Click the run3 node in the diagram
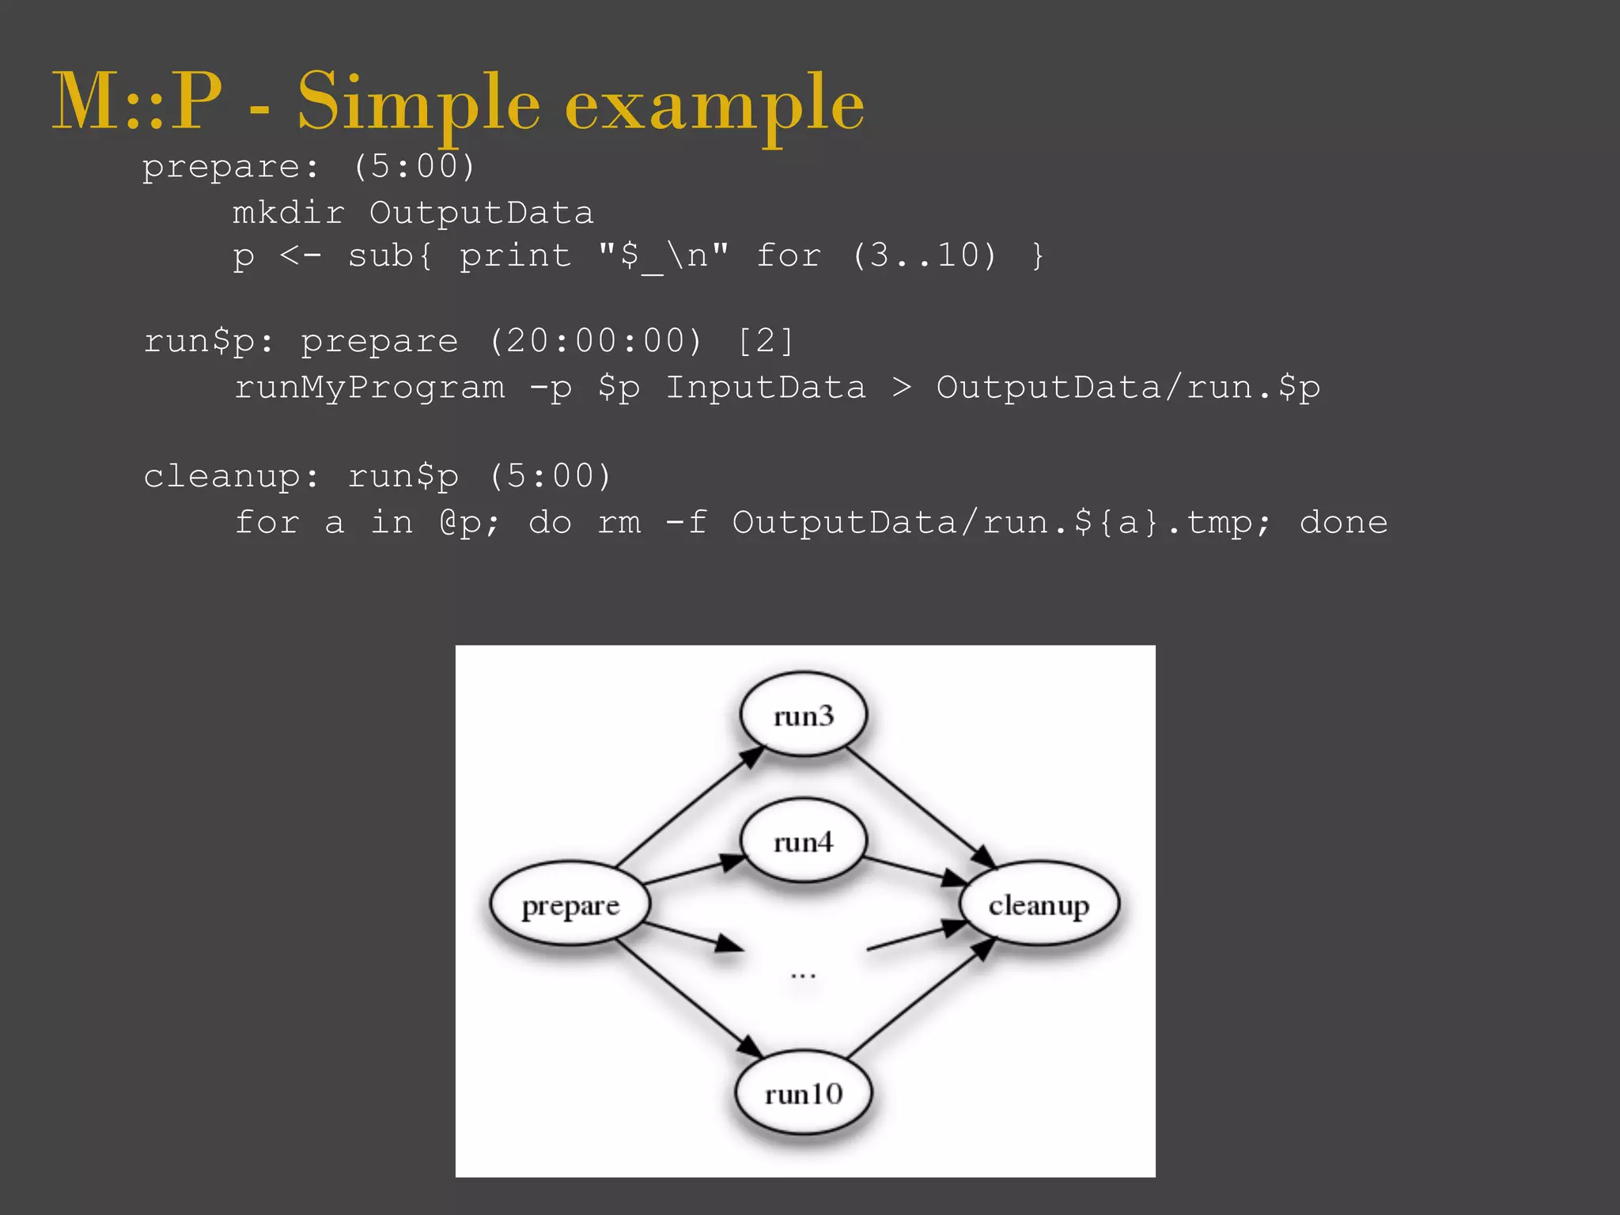click(x=803, y=715)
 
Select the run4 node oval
click(x=803, y=841)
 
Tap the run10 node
click(x=803, y=1093)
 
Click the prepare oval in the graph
click(x=570, y=904)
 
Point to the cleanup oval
click(x=1039, y=904)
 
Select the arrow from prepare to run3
click(x=688, y=807)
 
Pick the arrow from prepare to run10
click(x=688, y=998)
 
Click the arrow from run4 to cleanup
click(x=914, y=869)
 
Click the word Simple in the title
click(x=418, y=103)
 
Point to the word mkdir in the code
click(x=289, y=213)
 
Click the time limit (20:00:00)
click(x=595, y=342)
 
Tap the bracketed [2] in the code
click(x=765, y=342)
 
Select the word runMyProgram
click(x=369, y=388)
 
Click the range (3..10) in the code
click(x=925, y=255)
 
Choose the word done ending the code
click(x=1343, y=523)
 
